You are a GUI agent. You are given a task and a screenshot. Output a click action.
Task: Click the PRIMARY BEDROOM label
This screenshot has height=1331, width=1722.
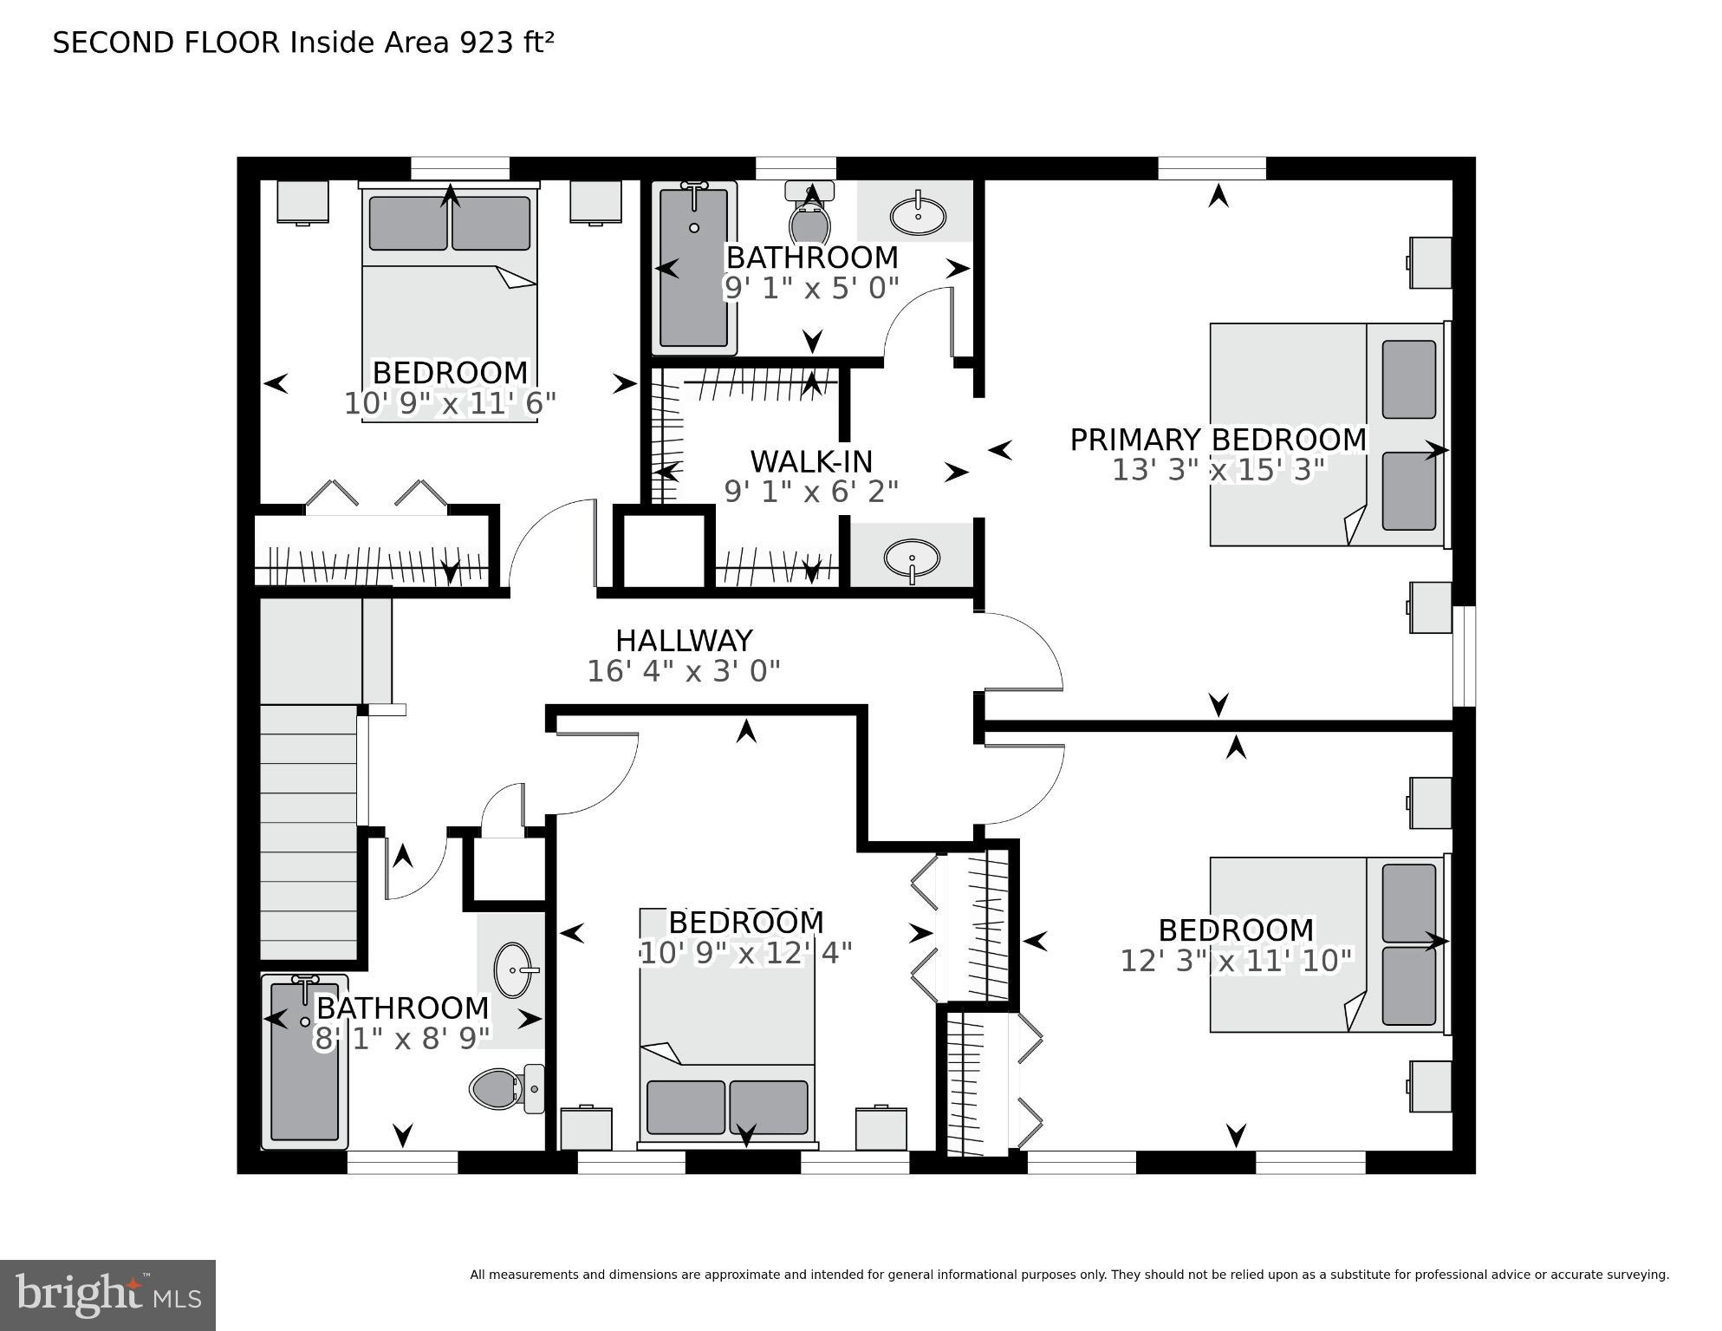click(x=1218, y=440)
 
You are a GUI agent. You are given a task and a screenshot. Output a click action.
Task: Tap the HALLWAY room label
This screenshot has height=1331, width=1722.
click(x=684, y=641)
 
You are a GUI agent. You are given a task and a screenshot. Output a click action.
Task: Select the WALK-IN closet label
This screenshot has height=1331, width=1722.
click(x=810, y=460)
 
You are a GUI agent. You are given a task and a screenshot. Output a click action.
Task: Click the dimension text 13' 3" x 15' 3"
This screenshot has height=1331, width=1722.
click(x=1218, y=471)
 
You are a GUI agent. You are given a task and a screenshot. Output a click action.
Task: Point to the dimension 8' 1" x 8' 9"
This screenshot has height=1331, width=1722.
click(x=402, y=1039)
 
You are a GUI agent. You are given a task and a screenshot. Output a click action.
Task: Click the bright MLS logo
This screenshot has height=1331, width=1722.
click(x=107, y=1295)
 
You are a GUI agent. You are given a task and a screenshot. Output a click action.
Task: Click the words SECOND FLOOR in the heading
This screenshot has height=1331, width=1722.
click(x=166, y=42)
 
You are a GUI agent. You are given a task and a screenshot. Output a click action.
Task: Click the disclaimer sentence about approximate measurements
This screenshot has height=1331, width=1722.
click(x=1069, y=1275)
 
